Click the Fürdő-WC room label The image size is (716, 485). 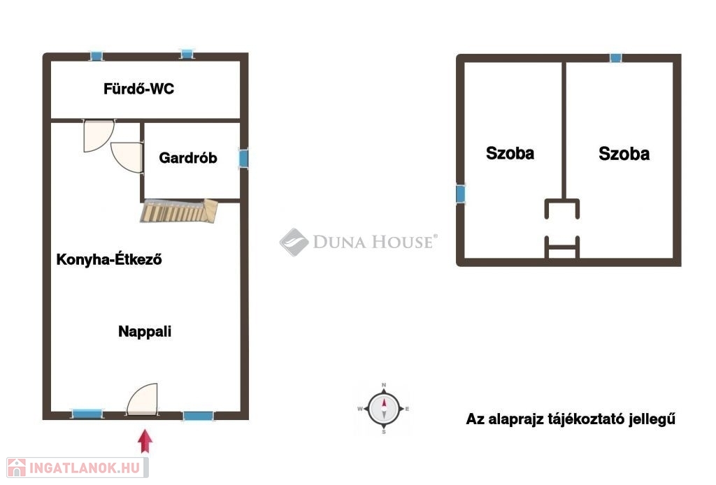(x=139, y=89)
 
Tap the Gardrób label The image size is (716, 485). (x=187, y=158)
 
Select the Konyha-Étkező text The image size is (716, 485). (x=109, y=259)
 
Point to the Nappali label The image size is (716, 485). (x=145, y=331)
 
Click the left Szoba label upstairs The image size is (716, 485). (x=510, y=153)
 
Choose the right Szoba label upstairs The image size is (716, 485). (x=624, y=154)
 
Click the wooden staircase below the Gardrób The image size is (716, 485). (x=179, y=211)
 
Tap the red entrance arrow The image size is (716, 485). (x=145, y=441)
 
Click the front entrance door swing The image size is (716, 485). (x=143, y=400)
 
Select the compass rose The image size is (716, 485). (x=384, y=409)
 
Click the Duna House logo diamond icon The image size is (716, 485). (x=294, y=242)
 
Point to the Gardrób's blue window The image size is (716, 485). (x=244, y=159)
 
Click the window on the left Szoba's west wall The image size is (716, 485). (x=461, y=194)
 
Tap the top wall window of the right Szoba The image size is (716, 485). (x=615, y=58)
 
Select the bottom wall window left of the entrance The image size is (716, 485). (x=87, y=414)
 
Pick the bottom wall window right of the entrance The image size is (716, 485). (x=198, y=416)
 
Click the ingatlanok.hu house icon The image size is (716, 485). (x=17, y=468)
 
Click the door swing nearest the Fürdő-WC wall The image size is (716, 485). (x=99, y=136)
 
